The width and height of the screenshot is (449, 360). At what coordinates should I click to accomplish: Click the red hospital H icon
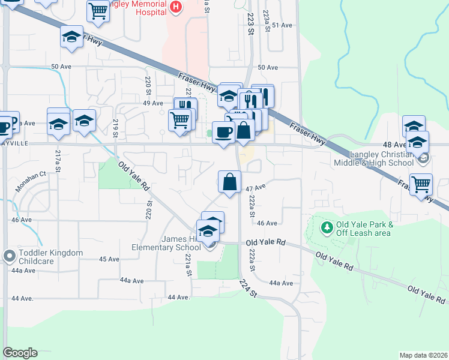pos(176,7)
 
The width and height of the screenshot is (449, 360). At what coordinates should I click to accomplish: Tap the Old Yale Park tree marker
pos(327,227)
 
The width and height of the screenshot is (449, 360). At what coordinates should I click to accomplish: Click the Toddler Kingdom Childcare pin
pos(9,256)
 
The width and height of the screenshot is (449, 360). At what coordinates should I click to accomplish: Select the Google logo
pos(20,353)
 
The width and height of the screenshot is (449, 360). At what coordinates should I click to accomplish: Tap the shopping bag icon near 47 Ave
pos(229,182)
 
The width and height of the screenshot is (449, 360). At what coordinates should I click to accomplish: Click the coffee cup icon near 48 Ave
pos(223,132)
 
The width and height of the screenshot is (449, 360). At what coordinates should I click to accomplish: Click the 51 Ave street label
pos(282,25)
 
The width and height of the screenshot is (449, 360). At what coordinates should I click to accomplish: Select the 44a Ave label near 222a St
pos(281,283)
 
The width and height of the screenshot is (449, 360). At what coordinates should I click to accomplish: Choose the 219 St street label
pos(115,128)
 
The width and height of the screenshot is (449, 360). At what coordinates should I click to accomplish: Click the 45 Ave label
pos(109,259)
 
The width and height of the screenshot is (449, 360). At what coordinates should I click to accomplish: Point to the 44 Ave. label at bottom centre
pos(179,297)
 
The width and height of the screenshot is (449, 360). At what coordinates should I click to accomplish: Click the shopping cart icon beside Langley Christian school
pos(420,184)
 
